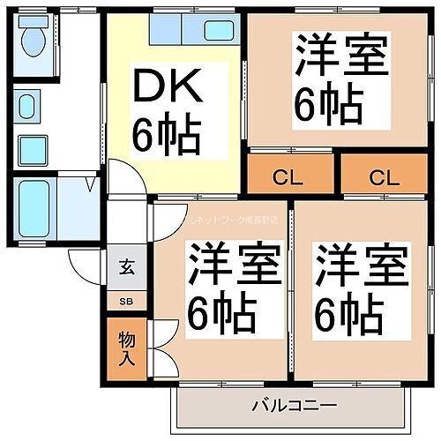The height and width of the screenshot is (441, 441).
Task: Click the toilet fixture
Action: pos(34,38)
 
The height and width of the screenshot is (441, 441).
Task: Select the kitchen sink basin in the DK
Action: pos(218,30)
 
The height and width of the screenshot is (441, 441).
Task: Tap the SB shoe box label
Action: pos(124,301)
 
